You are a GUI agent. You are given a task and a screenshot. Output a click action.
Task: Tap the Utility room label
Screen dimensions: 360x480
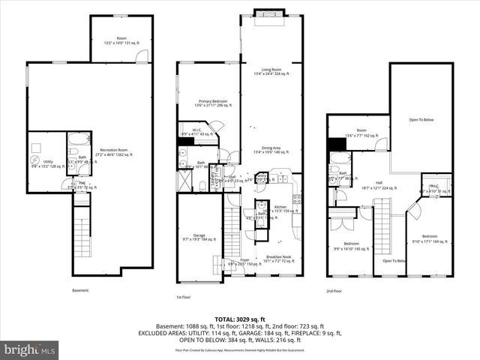pos(48,163)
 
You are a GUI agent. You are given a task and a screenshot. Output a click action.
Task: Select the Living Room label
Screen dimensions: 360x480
pos(271,70)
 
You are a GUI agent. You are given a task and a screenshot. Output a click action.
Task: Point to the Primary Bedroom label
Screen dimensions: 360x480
pos(210,103)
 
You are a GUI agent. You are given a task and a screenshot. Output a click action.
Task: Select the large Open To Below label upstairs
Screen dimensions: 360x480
pos(421,120)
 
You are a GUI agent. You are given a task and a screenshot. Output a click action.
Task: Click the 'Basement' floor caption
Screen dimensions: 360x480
pos(80,290)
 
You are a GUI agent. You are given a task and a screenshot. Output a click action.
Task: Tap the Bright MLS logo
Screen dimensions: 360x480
pos(30,349)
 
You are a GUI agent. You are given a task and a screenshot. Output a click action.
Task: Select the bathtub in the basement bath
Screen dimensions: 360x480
pos(77,142)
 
